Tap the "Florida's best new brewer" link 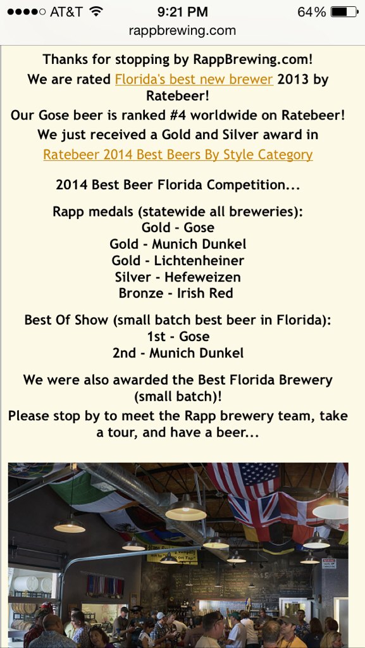click(x=194, y=79)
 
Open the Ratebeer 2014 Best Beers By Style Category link click(x=178, y=154)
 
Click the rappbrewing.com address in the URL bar click(x=182, y=30)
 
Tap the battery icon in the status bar click(x=344, y=11)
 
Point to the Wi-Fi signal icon click(x=96, y=11)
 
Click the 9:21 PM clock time click(x=182, y=11)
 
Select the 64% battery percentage click(x=312, y=11)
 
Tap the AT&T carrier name click(x=66, y=11)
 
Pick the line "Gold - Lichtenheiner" click(x=178, y=260)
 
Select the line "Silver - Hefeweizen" click(x=178, y=277)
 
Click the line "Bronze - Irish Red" click(x=176, y=293)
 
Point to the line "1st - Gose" click(x=178, y=337)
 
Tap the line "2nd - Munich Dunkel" click(x=178, y=353)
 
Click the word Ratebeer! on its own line click(x=178, y=96)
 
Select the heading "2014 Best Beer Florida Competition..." click(x=178, y=185)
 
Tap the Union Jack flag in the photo click(x=254, y=511)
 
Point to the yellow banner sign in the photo click(x=172, y=554)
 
